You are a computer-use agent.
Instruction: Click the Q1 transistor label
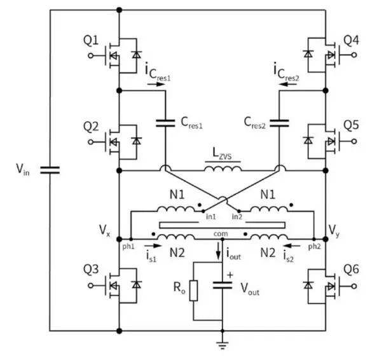(x=91, y=41)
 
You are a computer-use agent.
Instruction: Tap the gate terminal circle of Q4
(x=354, y=55)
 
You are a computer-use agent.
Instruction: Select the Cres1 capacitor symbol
(x=165, y=123)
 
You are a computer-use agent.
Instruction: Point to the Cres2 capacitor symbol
(x=279, y=123)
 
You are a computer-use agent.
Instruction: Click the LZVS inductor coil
(x=223, y=169)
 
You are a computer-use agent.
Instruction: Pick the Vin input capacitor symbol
(x=50, y=170)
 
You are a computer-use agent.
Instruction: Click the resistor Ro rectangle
(x=193, y=291)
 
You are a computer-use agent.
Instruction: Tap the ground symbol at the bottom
(x=223, y=345)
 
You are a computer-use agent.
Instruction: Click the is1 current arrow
(x=153, y=245)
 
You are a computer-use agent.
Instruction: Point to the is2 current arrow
(x=291, y=246)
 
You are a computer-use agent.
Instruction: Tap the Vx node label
(x=104, y=230)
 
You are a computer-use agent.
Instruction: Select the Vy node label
(x=334, y=231)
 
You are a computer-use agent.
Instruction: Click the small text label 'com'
(x=221, y=234)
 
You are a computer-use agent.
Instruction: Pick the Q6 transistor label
(x=351, y=269)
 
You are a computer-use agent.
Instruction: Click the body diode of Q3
(x=136, y=285)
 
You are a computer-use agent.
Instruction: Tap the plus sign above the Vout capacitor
(x=230, y=275)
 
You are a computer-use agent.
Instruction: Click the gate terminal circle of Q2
(x=91, y=142)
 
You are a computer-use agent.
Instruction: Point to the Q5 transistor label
(x=351, y=125)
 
